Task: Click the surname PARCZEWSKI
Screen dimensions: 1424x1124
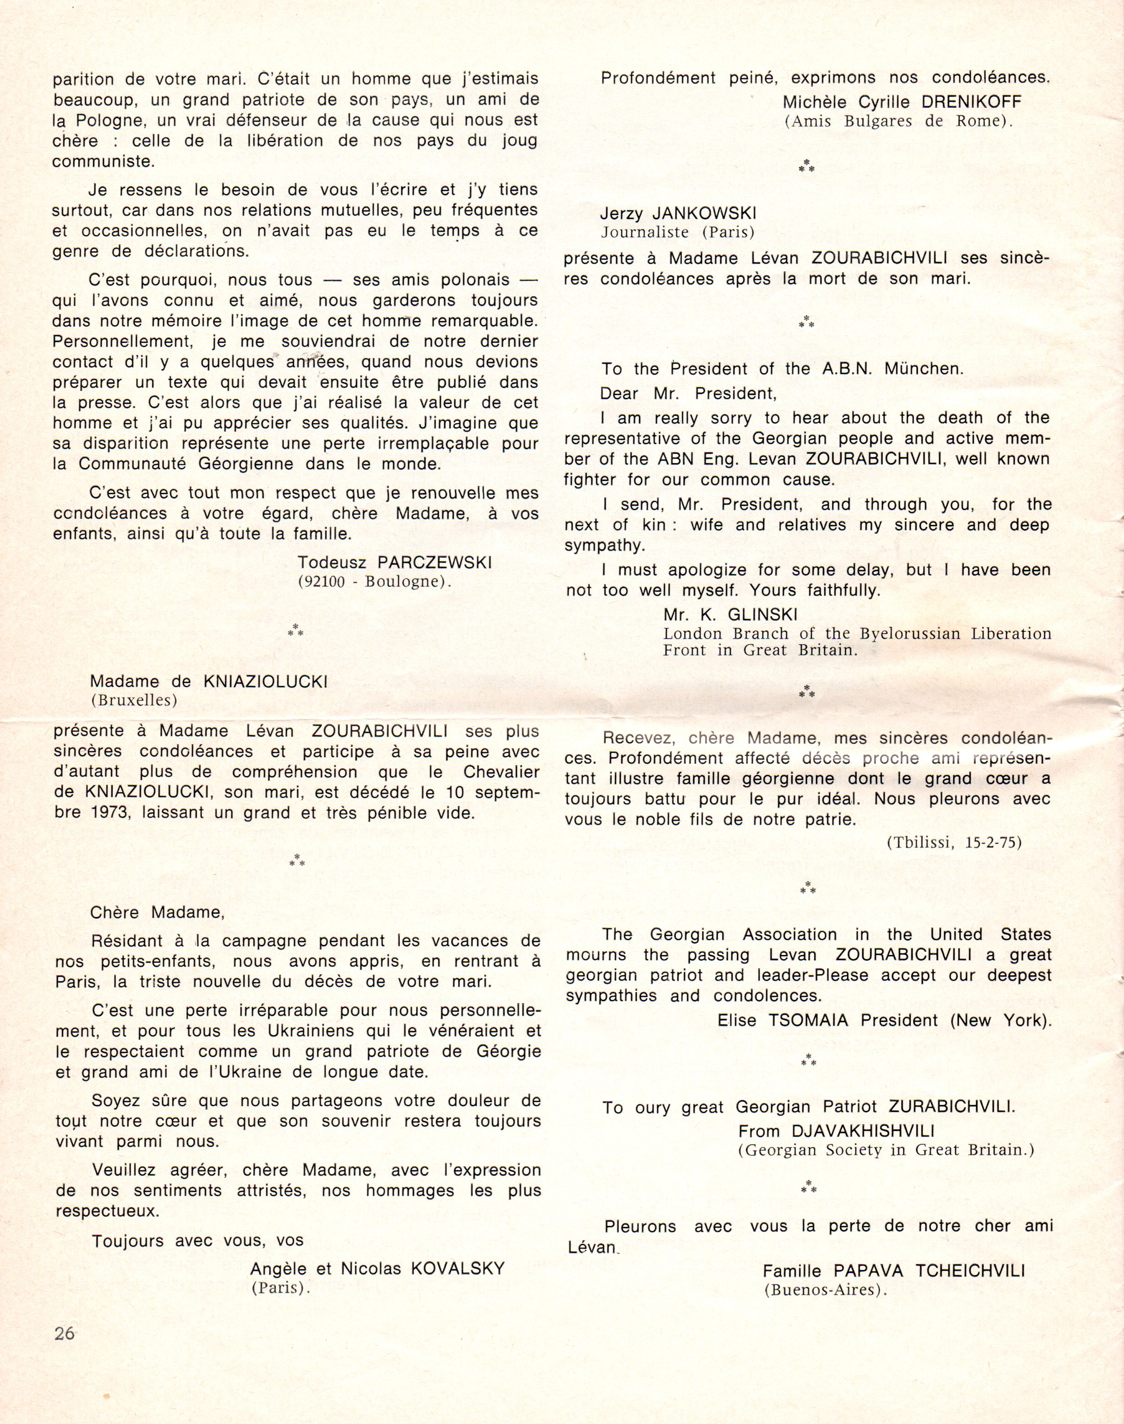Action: [434, 563]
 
